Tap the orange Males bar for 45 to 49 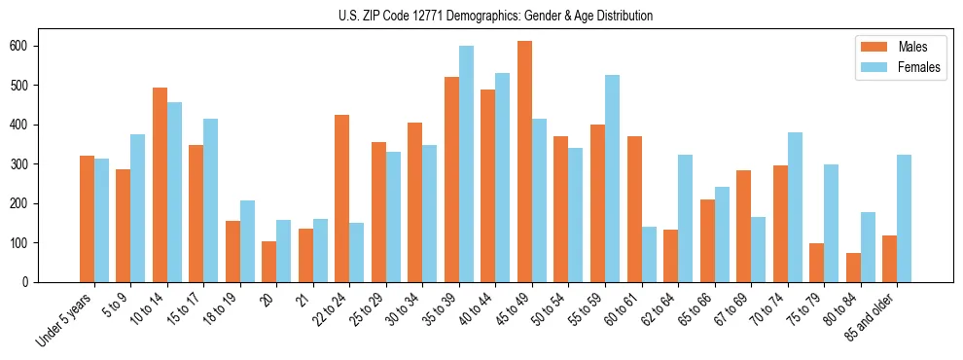[x=524, y=162]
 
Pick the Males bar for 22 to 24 [x=341, y=198]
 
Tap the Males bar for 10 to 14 [x=160, y=185]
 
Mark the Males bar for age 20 [x=268, y=262]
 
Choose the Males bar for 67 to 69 [x=743, y=226]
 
